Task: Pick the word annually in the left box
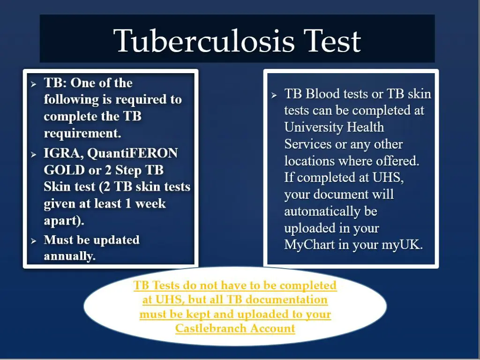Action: [x=69, y=256]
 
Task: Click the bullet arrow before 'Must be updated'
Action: [x=34, y=241]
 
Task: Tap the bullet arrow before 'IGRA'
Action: [x=34, y=154]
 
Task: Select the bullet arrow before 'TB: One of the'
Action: [x=34, y=84]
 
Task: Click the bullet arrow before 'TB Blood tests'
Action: [x=275, y=95]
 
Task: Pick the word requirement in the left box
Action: [x=82, y=134]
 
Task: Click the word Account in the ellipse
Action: [x=272, y=329]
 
